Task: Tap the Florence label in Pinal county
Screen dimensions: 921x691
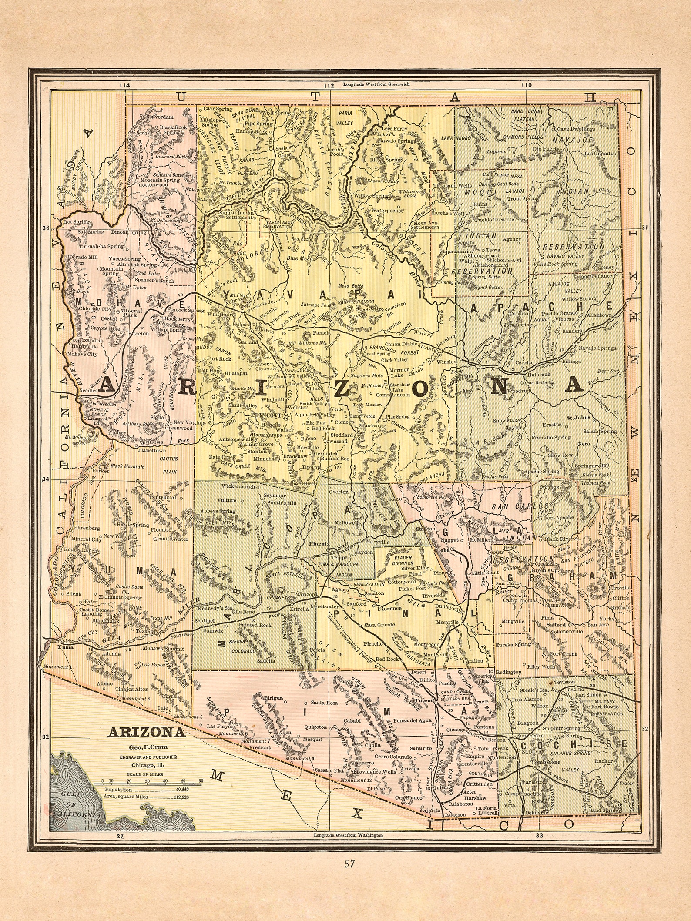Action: pos(389,608)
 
